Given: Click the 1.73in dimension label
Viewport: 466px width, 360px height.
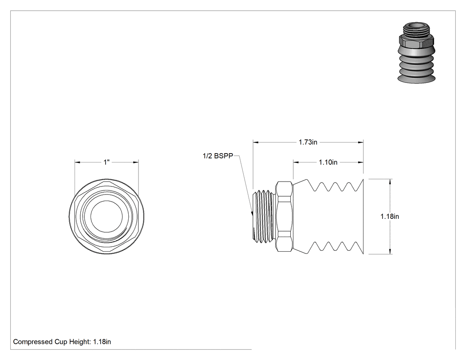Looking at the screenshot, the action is pyautogui.click(x=308, y=142).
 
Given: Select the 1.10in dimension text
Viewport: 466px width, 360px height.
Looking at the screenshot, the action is pyautogui.click(x=328, y=162).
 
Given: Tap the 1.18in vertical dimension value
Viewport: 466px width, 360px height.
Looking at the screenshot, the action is pyautogui.click(x=390, y=217).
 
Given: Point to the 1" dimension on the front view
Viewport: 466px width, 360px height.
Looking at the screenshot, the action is pyautogui.click(x=107, y=162).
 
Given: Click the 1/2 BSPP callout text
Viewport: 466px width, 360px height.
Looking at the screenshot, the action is pyautogui.click(x=218, y=156).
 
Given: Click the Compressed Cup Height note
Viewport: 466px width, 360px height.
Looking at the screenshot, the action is pyautogui.click(x=62, y=342).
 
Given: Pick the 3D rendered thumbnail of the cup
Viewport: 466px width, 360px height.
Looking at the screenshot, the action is pyautogui.click(x=416, y=52).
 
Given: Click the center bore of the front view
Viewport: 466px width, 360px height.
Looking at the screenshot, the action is pyautogui.click(x=107, y=217).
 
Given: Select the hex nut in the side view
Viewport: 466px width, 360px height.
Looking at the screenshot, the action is pyautogui.click(x=284, y=217).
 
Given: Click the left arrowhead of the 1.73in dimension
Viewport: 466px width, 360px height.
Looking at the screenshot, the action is pyautogui.click(x=256, y=142).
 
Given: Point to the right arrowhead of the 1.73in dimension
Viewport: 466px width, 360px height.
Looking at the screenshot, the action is pyautogui.click(x=360, y=142).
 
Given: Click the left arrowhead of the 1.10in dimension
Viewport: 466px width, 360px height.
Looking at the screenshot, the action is pyautogui.click(x=296, y=162).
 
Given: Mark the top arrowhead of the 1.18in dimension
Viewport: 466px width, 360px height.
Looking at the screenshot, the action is pyautogui.click(x=390, y=182).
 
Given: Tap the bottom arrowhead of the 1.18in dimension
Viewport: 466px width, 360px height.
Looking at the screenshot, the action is pyautogui.click(x=390, y=251).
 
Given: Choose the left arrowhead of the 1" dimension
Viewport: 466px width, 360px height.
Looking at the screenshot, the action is pyautogui.click(x=77, y=162).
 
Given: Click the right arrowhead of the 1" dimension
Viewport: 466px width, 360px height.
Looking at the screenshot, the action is pyautogui.click(x=136, y=162).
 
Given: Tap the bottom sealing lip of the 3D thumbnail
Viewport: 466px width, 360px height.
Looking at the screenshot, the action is pyautogui.click(x=416, y=79).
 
